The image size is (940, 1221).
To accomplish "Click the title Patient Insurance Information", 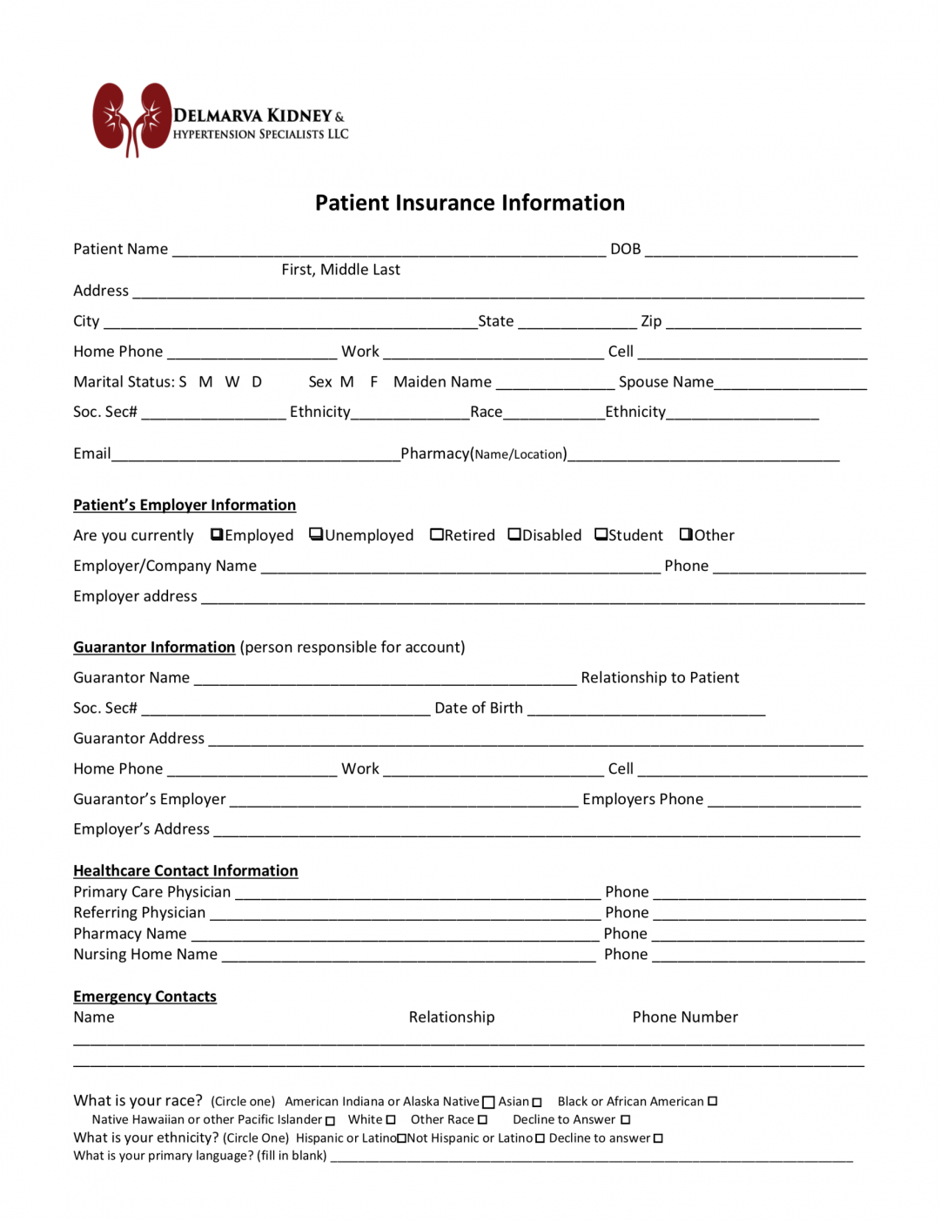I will (x=469, y=203).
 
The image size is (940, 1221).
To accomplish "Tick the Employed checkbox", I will (x=217, y=534).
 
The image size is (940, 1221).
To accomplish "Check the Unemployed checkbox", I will (x=316, y=534).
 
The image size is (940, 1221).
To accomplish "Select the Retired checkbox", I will (x=436, y=534).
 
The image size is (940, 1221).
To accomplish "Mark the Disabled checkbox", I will (x=514, y=534).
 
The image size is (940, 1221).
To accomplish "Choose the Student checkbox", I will (x=601, y=534).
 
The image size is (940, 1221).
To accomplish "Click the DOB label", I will (x=625, y=249).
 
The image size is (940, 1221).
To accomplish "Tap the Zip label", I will (x=651, y=321).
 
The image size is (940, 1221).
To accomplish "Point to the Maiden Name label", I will (x=442, y=382).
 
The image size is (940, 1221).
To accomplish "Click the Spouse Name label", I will (x=666, y=382).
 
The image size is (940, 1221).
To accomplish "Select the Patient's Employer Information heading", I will (x=185, y=505).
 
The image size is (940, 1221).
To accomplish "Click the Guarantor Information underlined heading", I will (x=154, y=647).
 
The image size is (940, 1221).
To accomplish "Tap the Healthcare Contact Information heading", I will (x=185, y=870).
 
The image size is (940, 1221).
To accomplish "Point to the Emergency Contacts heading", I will (x=144, y=996).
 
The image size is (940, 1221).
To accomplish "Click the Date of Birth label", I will (x=479, y=708).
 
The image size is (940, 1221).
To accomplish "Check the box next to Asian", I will (x=537, y=1103).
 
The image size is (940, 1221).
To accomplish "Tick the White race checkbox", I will (x=391, y=1120).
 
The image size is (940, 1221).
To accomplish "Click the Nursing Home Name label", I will (x=145, y=954).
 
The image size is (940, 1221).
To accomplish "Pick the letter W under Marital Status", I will (x=232, y=382).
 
